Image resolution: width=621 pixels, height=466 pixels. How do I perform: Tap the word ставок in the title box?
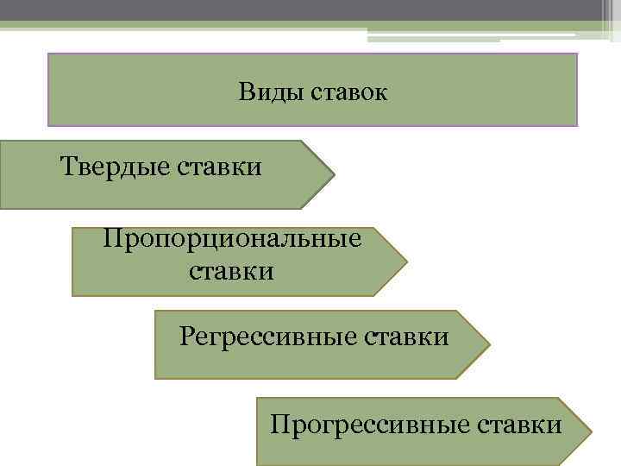347,91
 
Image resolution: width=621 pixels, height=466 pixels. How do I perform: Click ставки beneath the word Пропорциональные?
231,273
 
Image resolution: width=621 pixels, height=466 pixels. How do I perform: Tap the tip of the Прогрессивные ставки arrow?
591,431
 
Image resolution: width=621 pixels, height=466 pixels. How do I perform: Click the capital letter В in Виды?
248,91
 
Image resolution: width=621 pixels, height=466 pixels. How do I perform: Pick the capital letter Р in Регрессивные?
186,335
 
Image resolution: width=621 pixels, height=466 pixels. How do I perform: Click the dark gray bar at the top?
310,9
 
